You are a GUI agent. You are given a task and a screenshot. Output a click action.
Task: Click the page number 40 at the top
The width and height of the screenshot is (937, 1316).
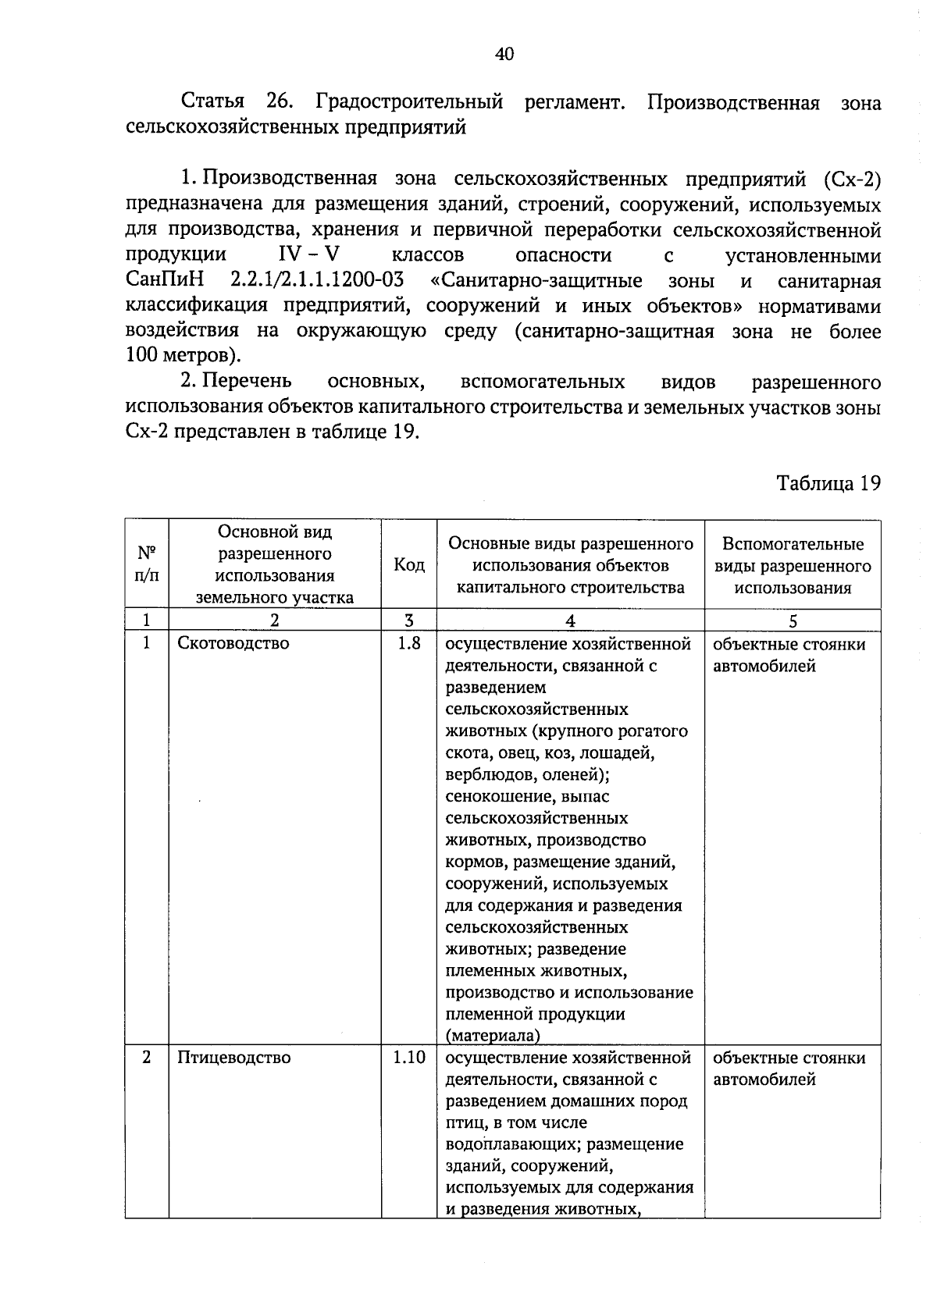pos(504,54)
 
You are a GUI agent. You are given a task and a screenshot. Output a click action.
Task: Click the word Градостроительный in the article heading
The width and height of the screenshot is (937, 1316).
pos(409,102)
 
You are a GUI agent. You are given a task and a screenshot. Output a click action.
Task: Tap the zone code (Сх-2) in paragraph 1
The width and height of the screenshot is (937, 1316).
pos(852,180)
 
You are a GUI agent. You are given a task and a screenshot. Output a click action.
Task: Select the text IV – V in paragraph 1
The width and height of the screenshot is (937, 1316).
pos(309,255)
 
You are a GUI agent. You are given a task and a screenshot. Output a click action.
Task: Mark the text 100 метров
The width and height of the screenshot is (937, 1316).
pos(178,357)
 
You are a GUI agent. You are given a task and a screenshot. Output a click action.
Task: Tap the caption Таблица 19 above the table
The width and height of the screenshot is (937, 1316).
pos(828,483)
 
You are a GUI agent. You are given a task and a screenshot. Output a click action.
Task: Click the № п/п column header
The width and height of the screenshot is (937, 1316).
pos(147,564)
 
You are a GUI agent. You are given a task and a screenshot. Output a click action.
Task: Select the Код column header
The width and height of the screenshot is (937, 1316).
pos(409,564)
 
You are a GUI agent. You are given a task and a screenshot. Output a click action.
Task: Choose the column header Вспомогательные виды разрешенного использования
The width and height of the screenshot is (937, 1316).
pos(792,565)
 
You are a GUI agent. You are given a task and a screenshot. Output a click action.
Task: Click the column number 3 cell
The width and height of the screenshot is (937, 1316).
pos(409,621)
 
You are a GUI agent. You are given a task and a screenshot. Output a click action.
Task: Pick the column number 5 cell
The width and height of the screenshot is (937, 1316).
pos(793,621)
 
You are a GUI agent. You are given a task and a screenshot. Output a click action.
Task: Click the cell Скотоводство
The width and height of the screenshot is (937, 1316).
pos(233,643)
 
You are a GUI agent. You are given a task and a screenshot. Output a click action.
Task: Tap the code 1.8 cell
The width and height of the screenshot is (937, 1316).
pos(409,643)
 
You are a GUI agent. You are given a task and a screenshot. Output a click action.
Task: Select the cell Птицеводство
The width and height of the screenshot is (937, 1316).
pos(233,1058)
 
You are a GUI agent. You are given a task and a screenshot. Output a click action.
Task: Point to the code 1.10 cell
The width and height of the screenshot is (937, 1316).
pos(409,1058)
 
